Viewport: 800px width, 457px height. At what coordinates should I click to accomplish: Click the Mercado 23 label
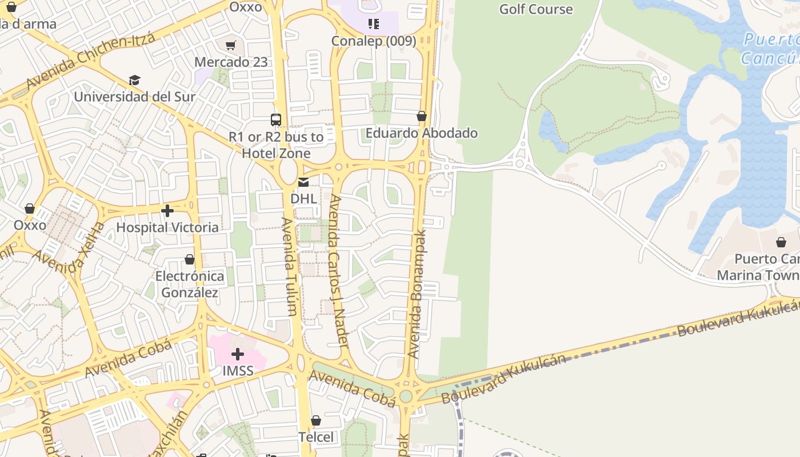tap(231, 62)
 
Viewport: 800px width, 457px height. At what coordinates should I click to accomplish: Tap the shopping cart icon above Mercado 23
tap(231, 45)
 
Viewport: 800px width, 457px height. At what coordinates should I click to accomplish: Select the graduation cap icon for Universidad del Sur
tap(134, 80)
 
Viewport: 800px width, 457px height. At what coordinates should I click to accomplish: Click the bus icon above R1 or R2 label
tap(276, 119)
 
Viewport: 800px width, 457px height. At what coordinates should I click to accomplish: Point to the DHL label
tap(303, 198)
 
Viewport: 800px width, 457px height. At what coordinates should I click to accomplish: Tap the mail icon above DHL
tap(303, 182)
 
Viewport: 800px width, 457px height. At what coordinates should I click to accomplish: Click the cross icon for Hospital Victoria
tap(167, 211)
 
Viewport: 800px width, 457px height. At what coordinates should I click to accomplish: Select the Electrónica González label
tap(190, 284)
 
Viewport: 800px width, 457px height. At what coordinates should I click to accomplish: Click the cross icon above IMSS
tap(238, 354)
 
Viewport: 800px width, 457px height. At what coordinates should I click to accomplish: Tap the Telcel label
tap(316, 437)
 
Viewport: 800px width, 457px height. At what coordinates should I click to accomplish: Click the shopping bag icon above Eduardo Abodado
tap(422, 117)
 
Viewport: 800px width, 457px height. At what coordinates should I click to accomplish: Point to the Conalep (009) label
tap(374, 41)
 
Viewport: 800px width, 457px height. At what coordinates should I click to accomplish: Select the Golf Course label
tap(535, 9)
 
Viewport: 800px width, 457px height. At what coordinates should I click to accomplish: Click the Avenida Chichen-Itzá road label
tap(90, 62)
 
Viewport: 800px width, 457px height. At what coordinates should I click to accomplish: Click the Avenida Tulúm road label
tap(289, 266)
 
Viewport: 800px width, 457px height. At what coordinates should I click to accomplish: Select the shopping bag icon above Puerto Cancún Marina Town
tap(781, 242)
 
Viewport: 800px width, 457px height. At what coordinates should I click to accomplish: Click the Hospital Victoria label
tap(167, 227)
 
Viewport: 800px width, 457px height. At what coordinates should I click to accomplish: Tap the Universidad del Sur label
tap(135, 97)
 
